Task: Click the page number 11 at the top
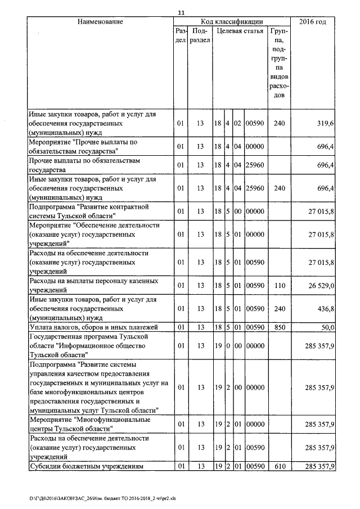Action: tap(181, 12)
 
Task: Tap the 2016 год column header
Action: tap(313, 21)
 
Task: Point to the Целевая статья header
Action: tap(240, 31)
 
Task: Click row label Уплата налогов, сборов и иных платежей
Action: tap(93, 327)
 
